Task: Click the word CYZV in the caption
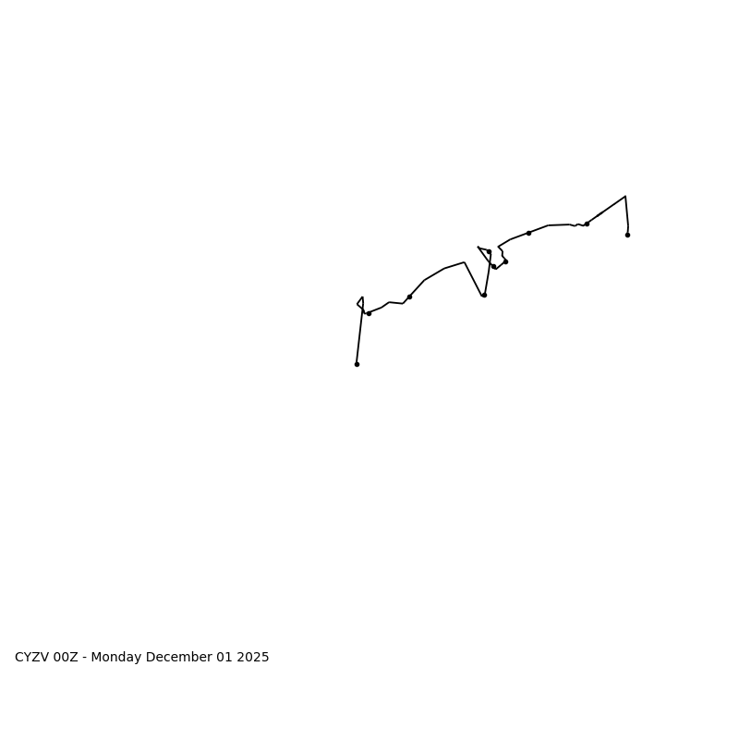point(31,658)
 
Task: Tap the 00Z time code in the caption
point(66,658)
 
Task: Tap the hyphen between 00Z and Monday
point(85,658)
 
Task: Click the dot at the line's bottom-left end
point(357,364)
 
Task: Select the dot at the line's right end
point(627,235)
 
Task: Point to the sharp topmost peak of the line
point(625,196)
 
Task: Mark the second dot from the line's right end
point(587,224)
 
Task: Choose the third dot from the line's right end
point(528,233)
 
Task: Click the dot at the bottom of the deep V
point(483,295)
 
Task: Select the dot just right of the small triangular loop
point(369,313)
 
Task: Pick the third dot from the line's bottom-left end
point(409,297)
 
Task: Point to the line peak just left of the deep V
point(465,262)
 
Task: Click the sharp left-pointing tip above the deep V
point(479,247)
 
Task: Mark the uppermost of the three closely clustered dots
point(489,251)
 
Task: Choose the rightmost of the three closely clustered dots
point(505,261)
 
